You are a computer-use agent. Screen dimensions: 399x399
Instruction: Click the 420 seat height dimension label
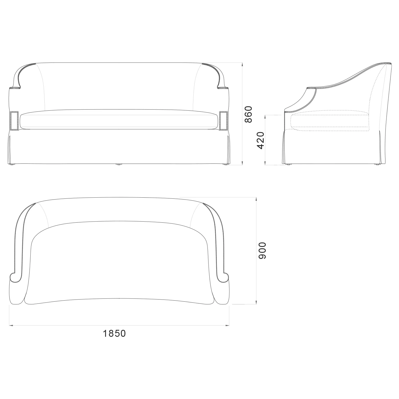[x=260, y=140]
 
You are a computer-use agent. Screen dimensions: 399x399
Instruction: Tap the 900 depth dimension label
[x=262, y=251]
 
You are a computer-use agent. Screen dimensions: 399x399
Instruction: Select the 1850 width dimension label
[x=114, y=333]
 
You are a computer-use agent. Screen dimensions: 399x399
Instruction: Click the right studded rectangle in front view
[x=224, y=121]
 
